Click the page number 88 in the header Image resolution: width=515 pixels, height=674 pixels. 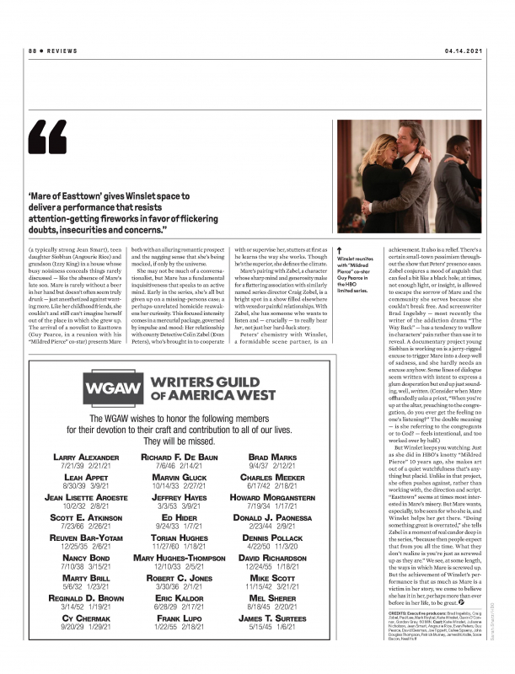point(31,51)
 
